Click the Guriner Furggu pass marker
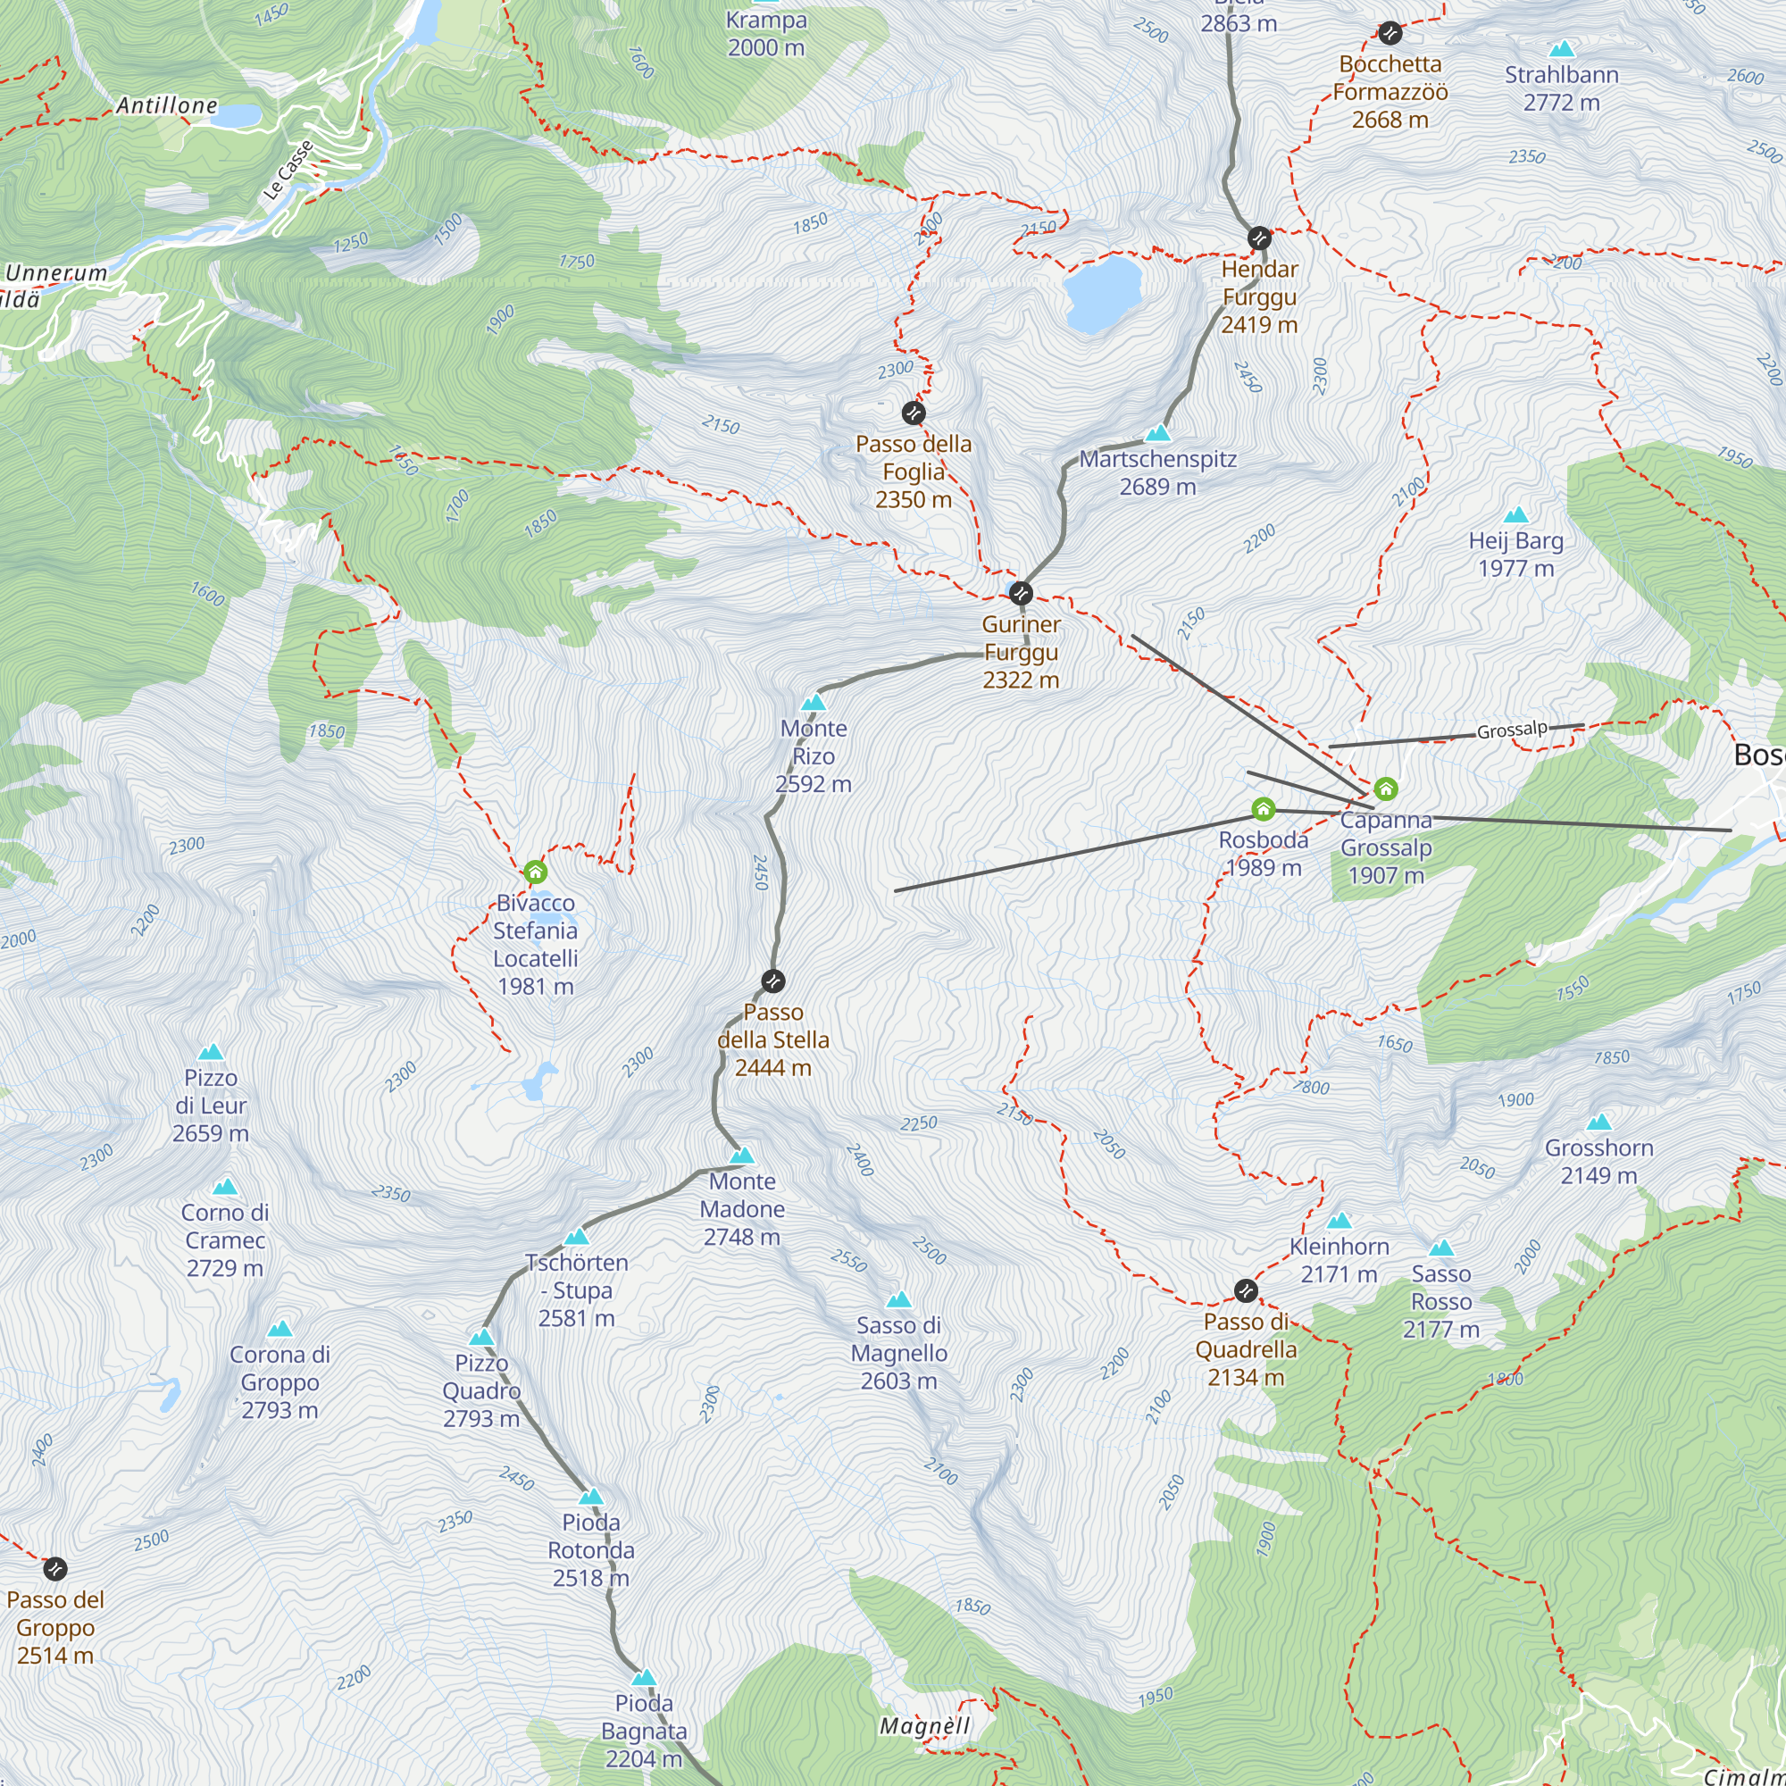[x=1021, y=593]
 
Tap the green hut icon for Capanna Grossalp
[x=1385, y=789]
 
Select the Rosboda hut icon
[x=1263, y=810]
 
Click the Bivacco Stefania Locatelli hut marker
[x=535, y=872]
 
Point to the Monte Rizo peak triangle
[x=814, y=704]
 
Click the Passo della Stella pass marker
[x=772, y=981]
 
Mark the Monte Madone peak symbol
[x=741, y=1156]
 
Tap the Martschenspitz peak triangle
[x=1157, y=434]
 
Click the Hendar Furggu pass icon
[x=1259, y=238]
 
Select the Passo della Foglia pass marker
[x=914, y=413]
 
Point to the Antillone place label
[x=166, y=105]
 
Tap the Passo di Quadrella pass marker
[x=1246, y=1290]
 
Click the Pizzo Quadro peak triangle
[x=481, y=1339]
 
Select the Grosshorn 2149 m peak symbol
[x=1599, y=1123]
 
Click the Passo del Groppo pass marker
[x=55, y=1569]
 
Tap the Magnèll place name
[x=924, y=1726]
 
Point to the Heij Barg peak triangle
[x=1516, y=516]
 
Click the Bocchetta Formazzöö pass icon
[x=1390, y=33]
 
